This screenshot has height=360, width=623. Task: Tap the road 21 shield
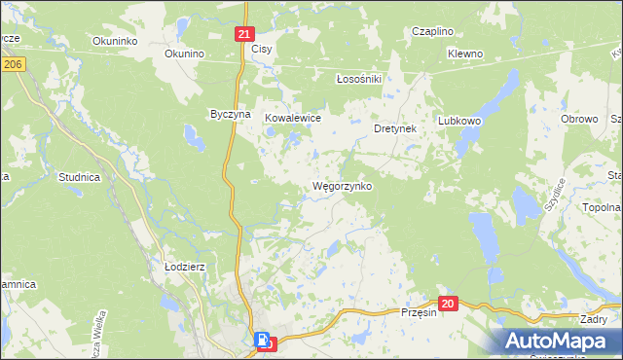point(244,33)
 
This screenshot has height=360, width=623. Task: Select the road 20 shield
point(447,305)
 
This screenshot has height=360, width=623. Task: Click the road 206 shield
point(12,63)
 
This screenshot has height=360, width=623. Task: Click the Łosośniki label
point(356,78)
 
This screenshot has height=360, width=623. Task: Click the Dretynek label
point(395,127)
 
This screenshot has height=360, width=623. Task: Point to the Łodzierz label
point(183,266)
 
